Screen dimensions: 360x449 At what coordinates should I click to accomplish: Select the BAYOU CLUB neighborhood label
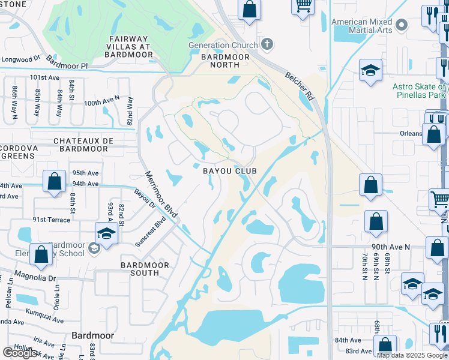coord(229,171)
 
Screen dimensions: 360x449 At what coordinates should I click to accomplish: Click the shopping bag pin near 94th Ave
coord(55,182)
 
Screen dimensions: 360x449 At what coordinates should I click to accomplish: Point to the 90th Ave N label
coord(391,247)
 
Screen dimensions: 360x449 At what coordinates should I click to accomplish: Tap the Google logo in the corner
coord(20,353)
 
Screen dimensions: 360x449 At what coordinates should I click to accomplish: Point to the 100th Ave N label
coord(101,103)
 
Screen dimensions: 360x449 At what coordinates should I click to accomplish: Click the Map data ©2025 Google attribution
coord(411,355)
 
